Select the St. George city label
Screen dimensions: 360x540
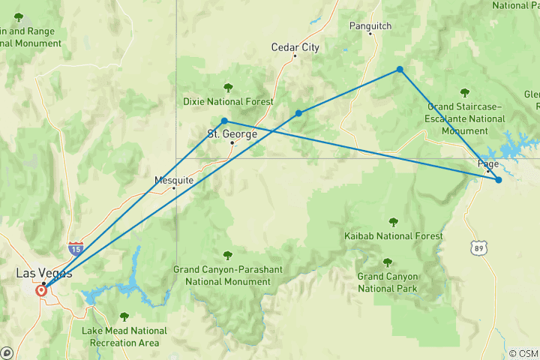pos(232,134)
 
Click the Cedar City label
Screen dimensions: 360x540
pos(295,47)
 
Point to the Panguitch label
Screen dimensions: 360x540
pos(370,25)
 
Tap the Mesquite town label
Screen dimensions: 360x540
pos(174,180)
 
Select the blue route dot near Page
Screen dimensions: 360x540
pos(499,180)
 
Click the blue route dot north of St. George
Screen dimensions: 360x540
pos(224,121)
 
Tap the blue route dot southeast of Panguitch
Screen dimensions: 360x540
pos(400,70)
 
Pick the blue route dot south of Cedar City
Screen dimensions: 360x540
pos(298,113)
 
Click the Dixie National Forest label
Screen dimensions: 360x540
pos(228,101)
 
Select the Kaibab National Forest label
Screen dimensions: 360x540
pos(393,235)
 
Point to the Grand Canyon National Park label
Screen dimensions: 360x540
pos(387,282)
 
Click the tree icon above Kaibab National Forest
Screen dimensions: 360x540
pos(393,221)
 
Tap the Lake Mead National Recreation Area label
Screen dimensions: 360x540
pos(124,336)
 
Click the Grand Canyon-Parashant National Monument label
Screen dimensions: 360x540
pos(222,275)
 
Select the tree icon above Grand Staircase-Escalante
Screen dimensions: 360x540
pos(465,93)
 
